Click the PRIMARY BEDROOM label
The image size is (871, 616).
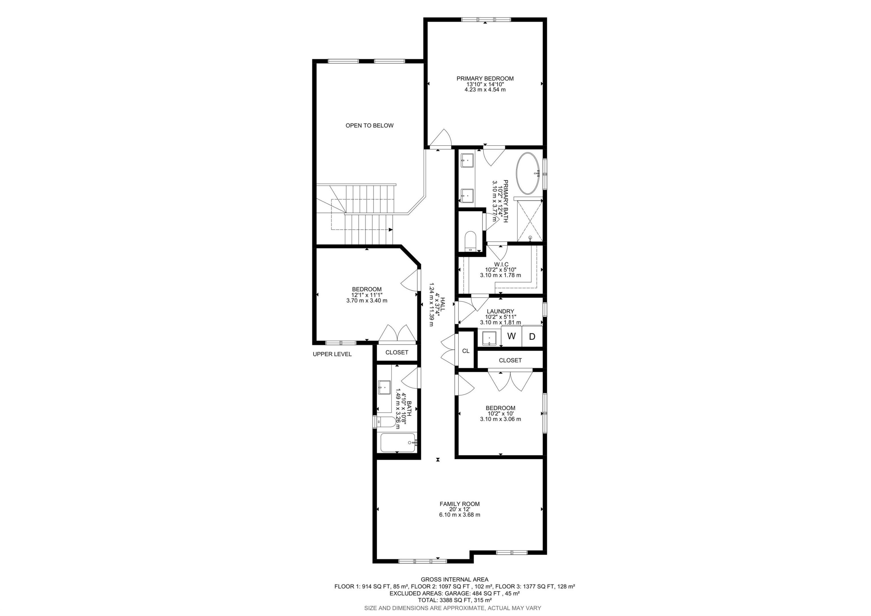485,78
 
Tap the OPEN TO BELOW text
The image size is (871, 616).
369,126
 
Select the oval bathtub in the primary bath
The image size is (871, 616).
527,173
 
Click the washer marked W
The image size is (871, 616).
511,336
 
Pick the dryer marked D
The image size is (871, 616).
532,336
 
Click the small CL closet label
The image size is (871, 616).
466,351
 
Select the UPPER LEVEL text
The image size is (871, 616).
332,354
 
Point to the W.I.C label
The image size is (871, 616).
501,264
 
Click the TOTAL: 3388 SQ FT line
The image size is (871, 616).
454,600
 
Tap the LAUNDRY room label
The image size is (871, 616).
500,311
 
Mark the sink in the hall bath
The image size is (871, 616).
385,388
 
